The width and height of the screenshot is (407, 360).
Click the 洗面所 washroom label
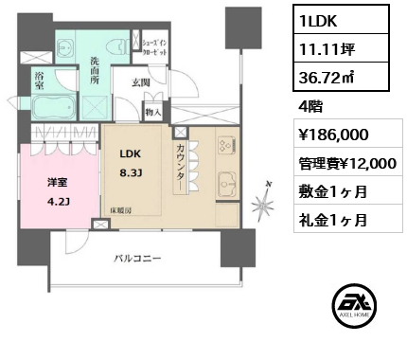click(x=95, y=71)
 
